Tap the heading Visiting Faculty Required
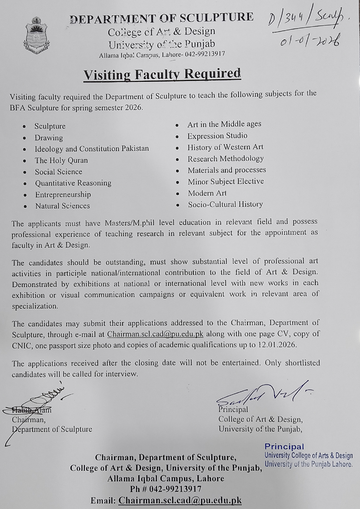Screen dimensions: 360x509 [162, 75]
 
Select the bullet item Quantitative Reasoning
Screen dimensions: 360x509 [73, 183]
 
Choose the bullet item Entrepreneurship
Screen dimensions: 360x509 [63, 195]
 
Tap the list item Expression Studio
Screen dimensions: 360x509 [218, 136]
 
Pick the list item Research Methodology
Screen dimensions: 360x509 [226, 159]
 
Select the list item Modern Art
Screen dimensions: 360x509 [207, 193]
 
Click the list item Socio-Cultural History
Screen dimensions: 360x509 [225, 204]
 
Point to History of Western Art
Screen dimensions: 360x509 [225, 147]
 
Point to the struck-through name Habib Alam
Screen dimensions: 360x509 [34, 410]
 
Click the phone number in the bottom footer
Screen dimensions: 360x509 [166, 489]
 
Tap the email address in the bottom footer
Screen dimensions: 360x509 [180, 500]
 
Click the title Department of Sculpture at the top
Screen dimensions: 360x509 [161, 18]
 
